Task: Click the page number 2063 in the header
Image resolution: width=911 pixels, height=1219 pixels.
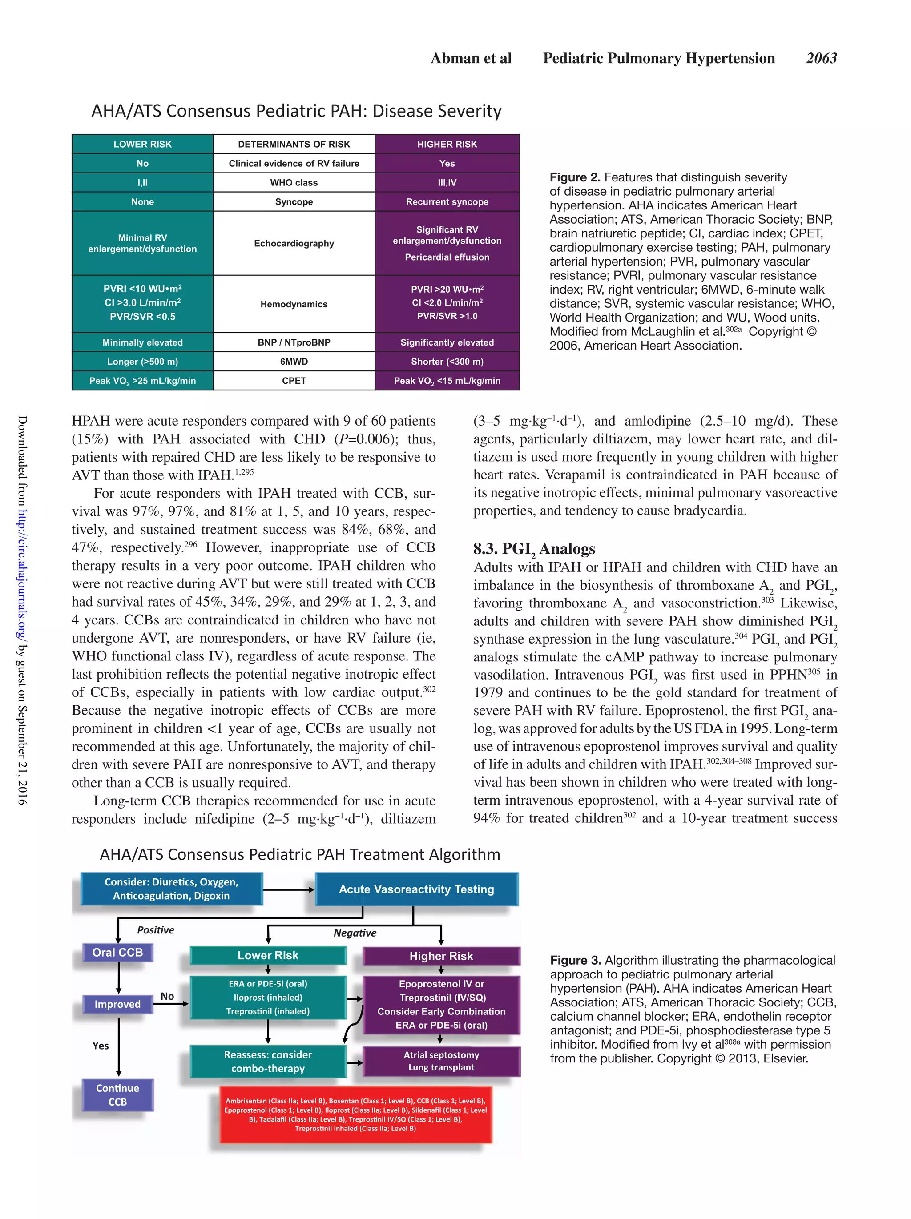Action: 821,58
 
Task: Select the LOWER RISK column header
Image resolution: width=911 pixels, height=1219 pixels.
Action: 142,144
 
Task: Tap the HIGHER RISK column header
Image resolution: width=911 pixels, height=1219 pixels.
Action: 447,144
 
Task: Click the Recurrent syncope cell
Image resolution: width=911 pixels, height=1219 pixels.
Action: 447,202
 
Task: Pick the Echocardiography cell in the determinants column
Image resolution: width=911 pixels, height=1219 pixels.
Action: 294,243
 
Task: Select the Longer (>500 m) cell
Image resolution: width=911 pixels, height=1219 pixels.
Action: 142,362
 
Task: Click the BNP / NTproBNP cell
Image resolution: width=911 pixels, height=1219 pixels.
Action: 294,342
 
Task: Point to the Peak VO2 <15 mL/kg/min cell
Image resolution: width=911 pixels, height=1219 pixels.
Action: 447,381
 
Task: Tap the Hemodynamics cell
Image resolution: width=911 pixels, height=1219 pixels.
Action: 294,304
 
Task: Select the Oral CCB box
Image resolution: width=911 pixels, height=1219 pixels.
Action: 117,952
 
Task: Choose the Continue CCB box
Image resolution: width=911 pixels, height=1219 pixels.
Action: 117,1094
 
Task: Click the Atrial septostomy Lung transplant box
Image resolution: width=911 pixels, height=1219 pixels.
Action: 441,1061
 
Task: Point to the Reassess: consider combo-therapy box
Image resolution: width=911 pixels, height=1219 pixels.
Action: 268,1061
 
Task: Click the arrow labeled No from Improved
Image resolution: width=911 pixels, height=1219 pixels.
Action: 171,1003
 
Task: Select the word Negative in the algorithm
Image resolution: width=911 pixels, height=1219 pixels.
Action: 355,933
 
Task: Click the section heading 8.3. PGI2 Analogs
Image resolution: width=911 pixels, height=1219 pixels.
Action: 533,549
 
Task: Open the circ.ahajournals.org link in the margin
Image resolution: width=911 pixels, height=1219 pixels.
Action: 21,574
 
